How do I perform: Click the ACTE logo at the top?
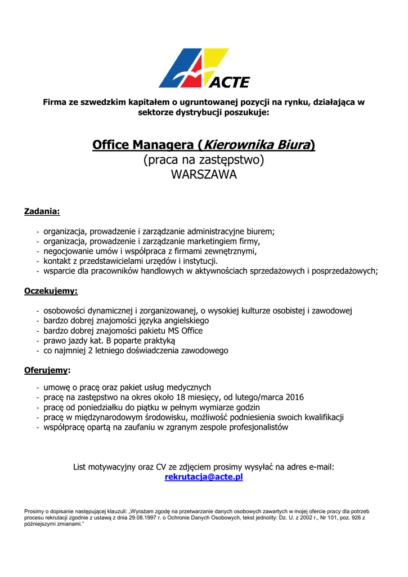204,68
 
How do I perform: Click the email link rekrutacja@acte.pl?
204,477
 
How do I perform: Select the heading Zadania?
42,212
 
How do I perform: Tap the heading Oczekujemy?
51,291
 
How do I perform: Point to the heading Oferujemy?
47,370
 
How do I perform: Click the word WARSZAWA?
204,175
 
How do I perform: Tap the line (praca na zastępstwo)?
204,160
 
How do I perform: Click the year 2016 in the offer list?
294,397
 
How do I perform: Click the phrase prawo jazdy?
63,341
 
